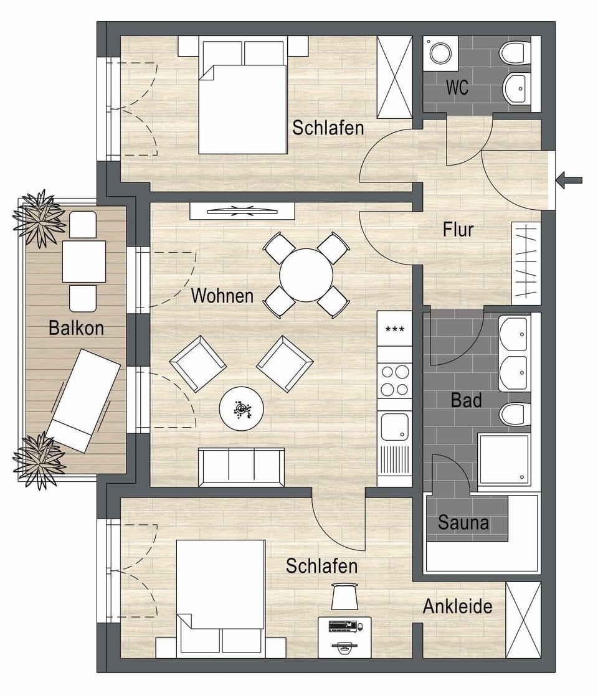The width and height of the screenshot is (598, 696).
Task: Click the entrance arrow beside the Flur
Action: pos(569,181)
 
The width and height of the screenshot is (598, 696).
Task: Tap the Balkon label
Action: pos(76,327)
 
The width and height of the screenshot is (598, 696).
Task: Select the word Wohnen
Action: pos(222,295)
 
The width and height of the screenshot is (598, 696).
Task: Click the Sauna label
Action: pos(463,522)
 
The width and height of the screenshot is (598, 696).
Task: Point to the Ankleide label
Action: pos(457,606)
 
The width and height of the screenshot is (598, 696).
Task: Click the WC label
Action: pos(457,88)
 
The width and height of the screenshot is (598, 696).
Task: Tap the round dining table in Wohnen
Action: pos(306,275)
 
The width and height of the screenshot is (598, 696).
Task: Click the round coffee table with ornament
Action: pos(241,408)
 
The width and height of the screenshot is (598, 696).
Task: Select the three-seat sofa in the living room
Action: pos(241,466)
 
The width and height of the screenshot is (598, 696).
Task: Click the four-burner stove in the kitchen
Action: pos(394,380)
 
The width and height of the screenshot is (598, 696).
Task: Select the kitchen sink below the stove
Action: pos(394,426)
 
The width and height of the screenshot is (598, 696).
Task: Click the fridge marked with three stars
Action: pos(394,328)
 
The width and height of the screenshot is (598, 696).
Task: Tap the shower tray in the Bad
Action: pos(504,459)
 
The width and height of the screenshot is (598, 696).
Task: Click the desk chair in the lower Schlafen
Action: pos(344,596)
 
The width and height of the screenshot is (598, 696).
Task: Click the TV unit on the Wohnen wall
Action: pos(242,210)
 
